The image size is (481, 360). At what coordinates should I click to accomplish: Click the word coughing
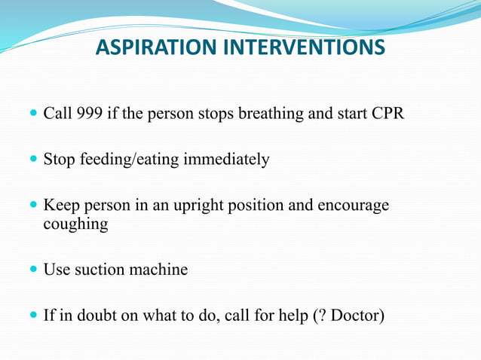75,224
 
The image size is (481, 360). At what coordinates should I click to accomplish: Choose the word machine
160,269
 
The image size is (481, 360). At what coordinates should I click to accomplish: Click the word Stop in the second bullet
58,160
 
